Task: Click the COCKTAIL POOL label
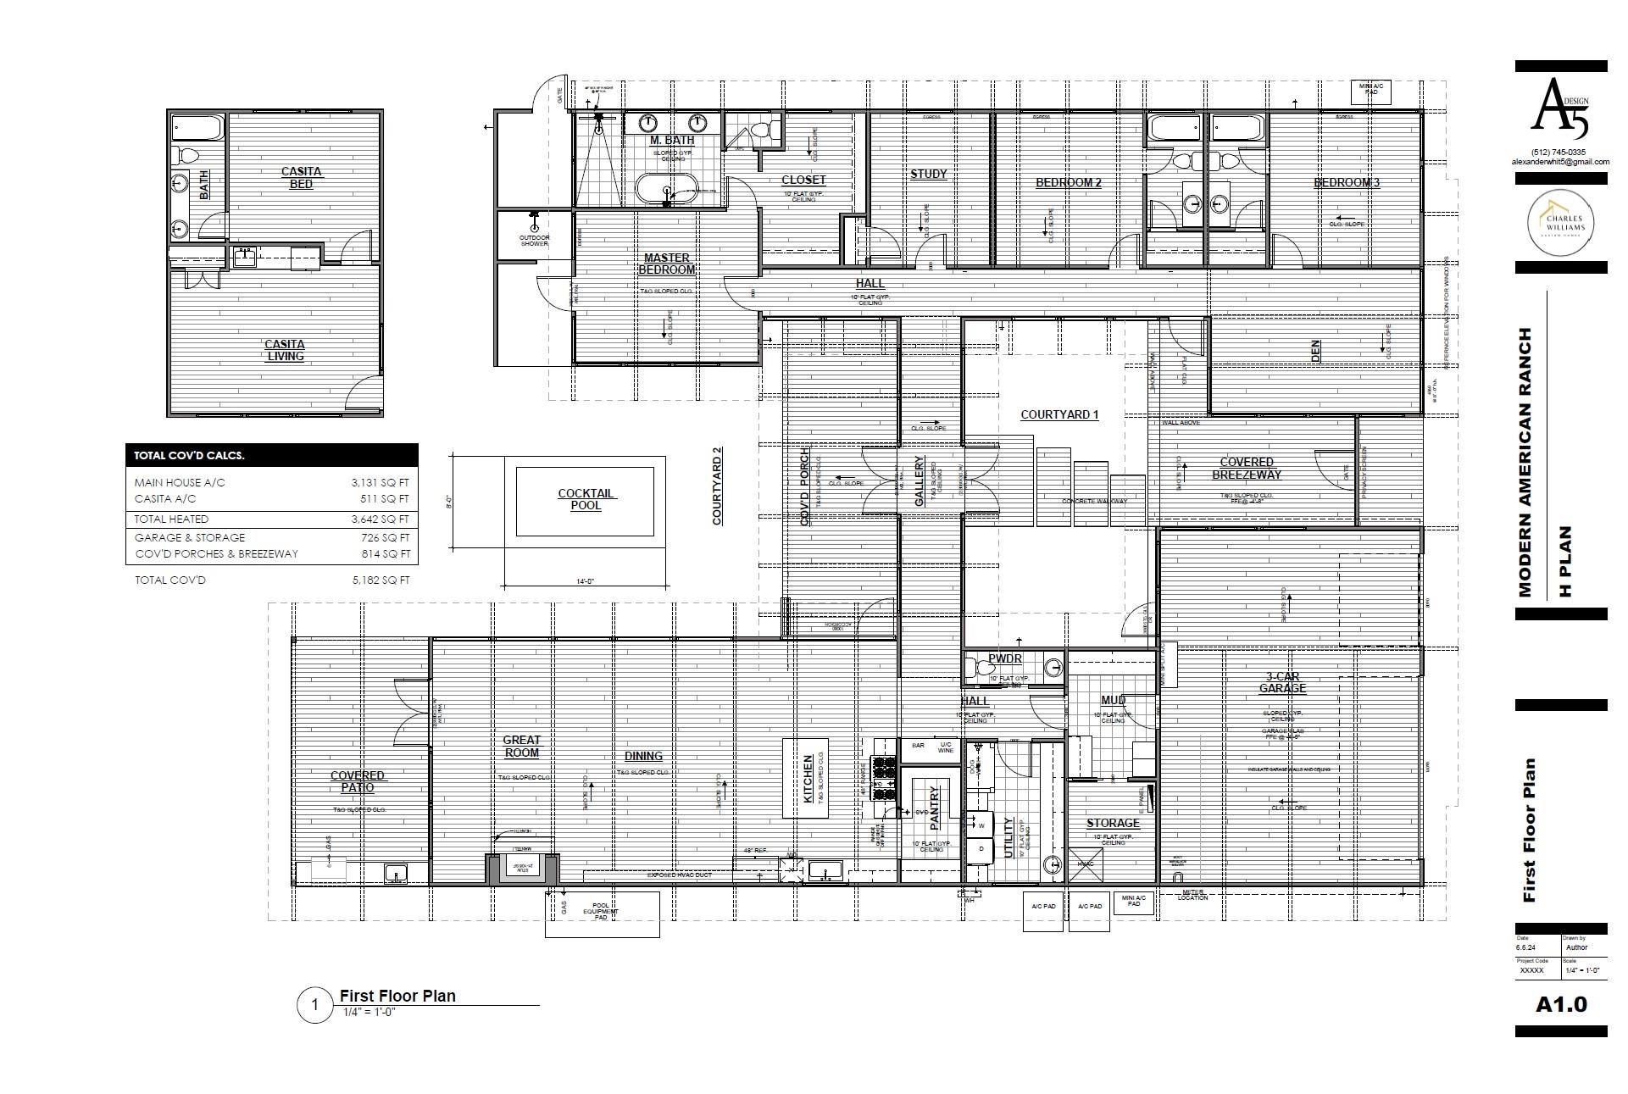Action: click(x=586, y=499)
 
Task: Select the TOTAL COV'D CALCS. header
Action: click(x=190, y=455)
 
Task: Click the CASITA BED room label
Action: click(x=301, y=177)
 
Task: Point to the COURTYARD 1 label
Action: click(x=1059, y=414)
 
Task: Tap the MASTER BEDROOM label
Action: click(x=667, y=264)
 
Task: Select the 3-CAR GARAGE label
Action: click(x=1282, y=682)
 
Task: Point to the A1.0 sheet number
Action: click(x=1561, y=1005)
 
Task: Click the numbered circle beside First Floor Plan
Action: click(x=315, y=1006)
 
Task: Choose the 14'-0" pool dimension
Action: click(x=585, y=581)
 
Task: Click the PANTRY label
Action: click(x=935, y=807)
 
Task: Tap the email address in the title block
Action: click(x=1560, y=162)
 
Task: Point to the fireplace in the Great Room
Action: click(x=522, y=867)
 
